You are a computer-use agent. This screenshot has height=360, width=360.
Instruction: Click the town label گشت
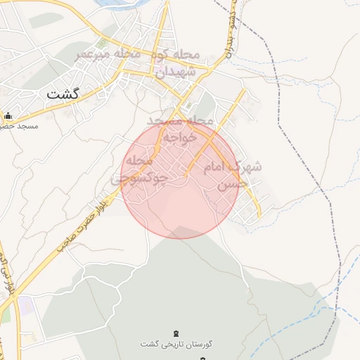click(x=63, y=93)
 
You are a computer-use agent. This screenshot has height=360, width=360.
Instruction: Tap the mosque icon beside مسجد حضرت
click(x=8, y=116)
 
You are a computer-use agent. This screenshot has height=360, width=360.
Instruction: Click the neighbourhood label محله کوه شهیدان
click(x=170, y=63)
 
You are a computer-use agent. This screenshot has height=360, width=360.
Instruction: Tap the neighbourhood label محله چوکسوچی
click(x=140, y=169)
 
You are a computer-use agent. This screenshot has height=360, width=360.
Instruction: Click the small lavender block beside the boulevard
click(x=25, y=307)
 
